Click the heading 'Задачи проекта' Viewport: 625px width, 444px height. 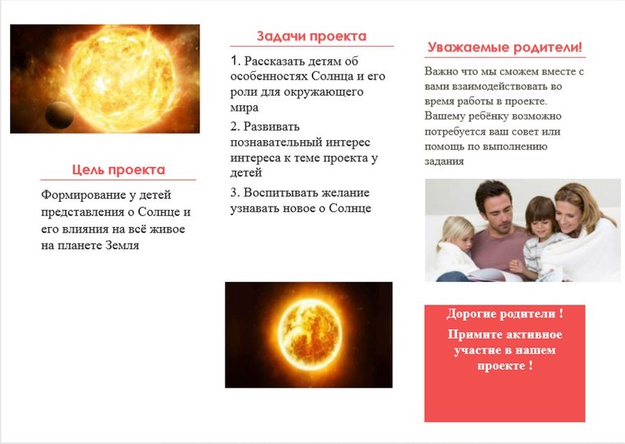point(311,36)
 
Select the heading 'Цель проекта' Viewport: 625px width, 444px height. point(119,170)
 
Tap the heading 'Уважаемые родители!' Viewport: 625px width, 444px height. point(505,47)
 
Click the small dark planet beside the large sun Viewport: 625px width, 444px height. point(59,116)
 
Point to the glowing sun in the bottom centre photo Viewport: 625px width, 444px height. point(309,334)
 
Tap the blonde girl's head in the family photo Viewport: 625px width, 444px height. point(456,234)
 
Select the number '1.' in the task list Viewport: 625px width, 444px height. point(236,61)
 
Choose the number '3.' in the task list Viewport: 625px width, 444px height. point(235,192)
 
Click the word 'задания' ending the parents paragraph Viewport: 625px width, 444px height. point(444,161)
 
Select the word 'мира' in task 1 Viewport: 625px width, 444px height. point(244,108)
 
